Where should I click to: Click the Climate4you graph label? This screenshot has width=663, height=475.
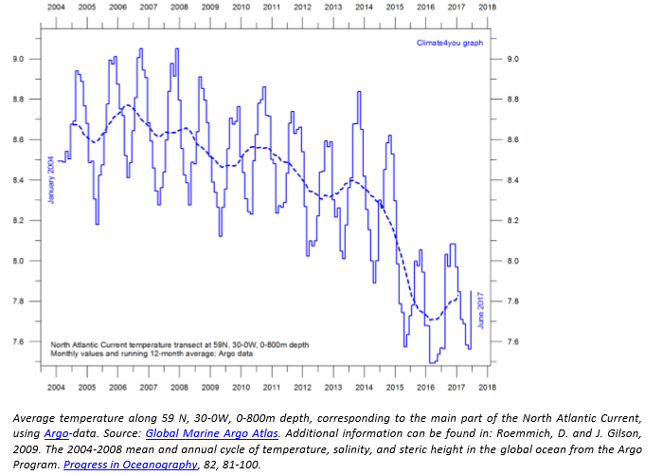[x=449, y=44]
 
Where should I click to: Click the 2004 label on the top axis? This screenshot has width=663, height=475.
[x=56, y=6]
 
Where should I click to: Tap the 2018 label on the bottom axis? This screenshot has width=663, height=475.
[x=487, y=386]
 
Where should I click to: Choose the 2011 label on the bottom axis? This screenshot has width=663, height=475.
[x=271, y=386]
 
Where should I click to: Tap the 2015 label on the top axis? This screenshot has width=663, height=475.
[x=394, y=6]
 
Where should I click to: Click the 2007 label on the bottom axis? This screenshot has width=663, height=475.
[x=148, y=386]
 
